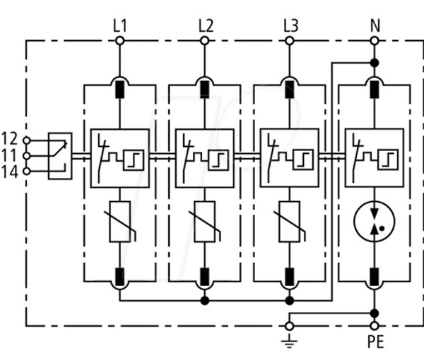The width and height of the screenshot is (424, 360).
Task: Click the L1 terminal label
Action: click(x=120, y=26)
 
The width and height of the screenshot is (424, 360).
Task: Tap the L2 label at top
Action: click(x=206, y=26)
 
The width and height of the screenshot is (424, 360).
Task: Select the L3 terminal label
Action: click(x=291, y=26)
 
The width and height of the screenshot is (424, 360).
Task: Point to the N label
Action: click(x=375, y=26)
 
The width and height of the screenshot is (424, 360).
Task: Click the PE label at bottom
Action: click(x=376, y=342)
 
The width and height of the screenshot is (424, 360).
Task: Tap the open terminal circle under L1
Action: click(x=120, y=41)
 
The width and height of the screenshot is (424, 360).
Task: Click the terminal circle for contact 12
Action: click(x=27, y=140)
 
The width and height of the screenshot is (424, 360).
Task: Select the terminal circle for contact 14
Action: click(x=27, y=172)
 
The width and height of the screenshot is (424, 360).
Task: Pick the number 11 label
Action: click(x=9, y=156)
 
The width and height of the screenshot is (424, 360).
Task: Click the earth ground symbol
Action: click(x=289, y=341)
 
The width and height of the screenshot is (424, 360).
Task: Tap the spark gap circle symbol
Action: click(x=375, y=222)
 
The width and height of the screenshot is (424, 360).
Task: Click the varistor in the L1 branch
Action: click(x=120, y=222)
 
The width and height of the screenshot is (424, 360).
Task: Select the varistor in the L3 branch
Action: click(x=290, y=222)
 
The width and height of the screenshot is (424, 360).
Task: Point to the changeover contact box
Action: click(x=60, y=156)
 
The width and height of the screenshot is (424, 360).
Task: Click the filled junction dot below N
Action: click(x=375, y=63)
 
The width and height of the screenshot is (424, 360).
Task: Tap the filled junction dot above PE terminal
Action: click(x=375, y=313)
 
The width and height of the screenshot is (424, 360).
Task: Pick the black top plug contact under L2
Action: click(x=205, y=90)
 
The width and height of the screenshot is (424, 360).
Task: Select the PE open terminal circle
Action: click(x=375, y=326)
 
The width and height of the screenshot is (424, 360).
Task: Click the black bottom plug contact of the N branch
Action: click(x=375, y=277)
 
